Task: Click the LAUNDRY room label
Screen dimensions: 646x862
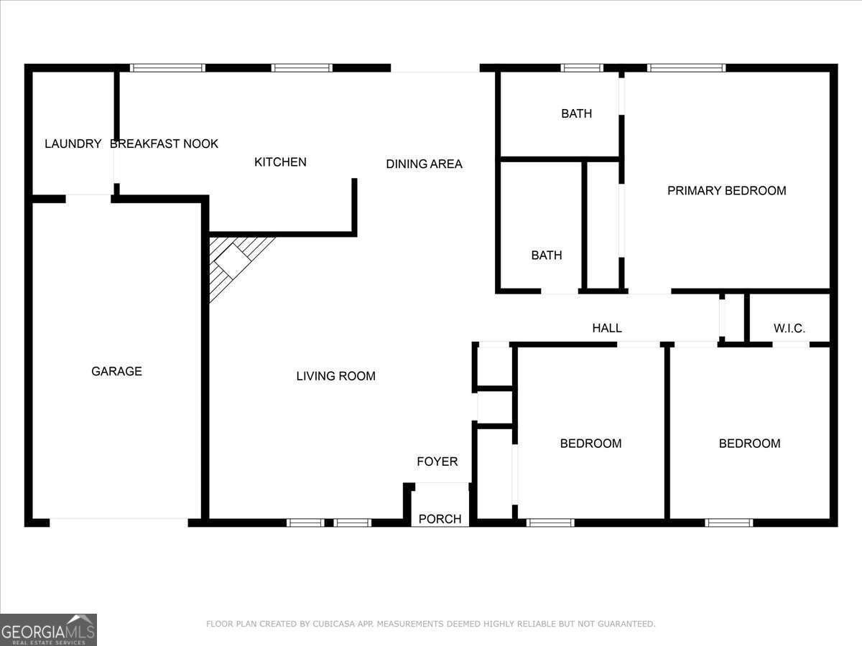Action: (73, 144)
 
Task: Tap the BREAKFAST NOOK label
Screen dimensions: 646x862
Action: (164, 144)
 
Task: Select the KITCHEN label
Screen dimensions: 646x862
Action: (280, 162)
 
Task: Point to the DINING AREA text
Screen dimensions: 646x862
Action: (424, 164)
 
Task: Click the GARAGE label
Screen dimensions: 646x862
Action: (116, 371)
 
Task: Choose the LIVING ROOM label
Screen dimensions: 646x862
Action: (335, 375)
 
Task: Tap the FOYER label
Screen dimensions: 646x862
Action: (437, 462)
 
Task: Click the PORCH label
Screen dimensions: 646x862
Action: (440, 519)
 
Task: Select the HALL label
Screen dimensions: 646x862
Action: (606, 328)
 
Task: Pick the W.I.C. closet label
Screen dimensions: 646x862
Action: (789, 328)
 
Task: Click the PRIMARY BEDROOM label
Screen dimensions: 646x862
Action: (726, 190)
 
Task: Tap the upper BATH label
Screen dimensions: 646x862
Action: (576, 113)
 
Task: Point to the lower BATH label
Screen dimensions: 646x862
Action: (546, 255)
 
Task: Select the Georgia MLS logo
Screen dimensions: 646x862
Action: (48, 629)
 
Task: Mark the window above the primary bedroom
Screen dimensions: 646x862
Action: (686, 68)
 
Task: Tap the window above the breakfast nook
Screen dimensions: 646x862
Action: (167, 68)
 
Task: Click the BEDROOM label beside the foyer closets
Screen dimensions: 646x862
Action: (590, 443)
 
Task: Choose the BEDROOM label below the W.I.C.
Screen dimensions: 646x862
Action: (749, 443)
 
